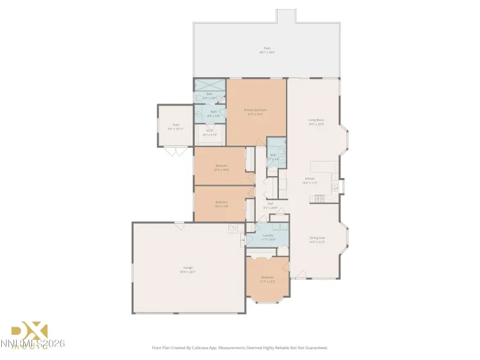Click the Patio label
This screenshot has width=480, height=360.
point(266,48)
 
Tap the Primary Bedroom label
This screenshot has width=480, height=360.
point(255,110)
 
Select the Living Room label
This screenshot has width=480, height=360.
point(316,120)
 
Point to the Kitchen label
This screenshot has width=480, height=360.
point(310,179)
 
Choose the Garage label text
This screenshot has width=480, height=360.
point(188,267)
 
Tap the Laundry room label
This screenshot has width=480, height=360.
point(268,235)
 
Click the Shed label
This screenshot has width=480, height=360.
point(175,125)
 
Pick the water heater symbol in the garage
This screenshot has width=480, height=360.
point(232,227)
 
